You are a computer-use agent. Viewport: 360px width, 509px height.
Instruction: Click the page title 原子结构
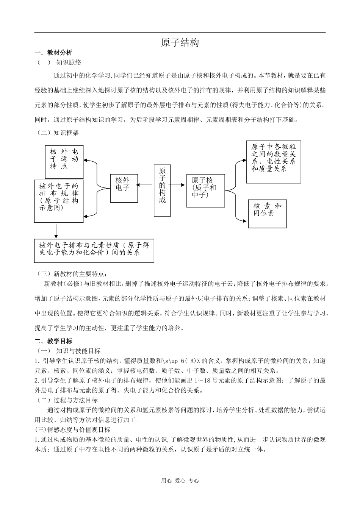(180, 43)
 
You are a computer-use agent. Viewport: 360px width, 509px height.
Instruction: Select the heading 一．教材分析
(53, 53)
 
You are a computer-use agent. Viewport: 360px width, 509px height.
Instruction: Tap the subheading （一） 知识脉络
(59, 62)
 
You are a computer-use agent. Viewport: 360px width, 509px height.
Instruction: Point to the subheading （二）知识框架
(58, 133)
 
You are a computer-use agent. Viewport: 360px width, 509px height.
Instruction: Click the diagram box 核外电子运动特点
(64, 162)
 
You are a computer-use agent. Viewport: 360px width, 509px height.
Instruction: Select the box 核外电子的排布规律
(59, 201)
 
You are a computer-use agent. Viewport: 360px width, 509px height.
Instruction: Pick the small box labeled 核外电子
(122, 188)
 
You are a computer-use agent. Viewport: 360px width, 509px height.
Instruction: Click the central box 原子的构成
(162, 190)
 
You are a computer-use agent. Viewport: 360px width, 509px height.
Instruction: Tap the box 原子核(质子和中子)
(205, 190)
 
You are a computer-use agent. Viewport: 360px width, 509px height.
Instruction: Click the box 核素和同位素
(268, 214)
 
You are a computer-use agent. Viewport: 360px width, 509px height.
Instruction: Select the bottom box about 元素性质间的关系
(94, 250)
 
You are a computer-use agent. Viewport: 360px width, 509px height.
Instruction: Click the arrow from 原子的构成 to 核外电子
(144, 185)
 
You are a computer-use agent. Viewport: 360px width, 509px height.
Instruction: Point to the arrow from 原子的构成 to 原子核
(178, 185)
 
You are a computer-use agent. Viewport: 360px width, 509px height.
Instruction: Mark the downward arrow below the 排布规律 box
(56, 231)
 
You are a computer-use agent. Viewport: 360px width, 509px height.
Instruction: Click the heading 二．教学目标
(53, 341)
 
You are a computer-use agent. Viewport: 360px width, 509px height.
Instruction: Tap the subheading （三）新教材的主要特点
(72, 274)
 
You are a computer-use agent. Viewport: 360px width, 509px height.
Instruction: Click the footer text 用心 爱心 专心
(180, 481)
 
